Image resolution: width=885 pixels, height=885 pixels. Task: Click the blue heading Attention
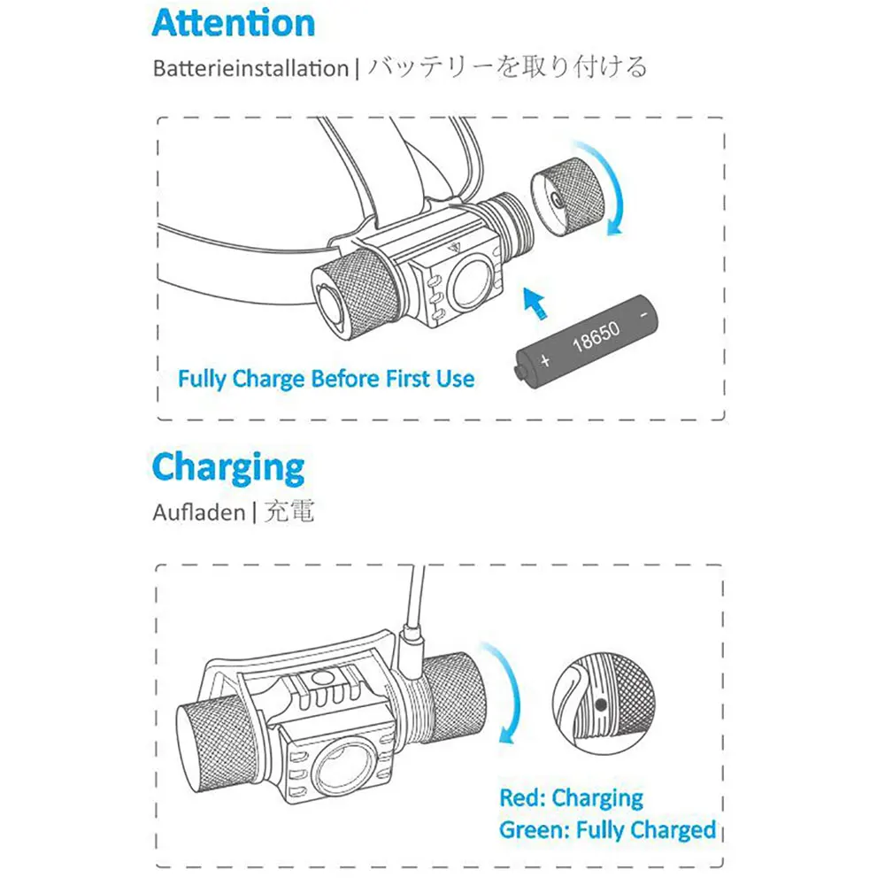click(233, 24)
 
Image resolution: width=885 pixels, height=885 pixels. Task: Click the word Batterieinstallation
click(250, 69)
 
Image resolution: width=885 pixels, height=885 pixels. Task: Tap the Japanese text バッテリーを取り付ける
click(507, 67)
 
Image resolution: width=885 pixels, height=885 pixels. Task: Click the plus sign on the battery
click(545, 360)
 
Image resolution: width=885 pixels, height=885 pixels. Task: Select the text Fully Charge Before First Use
click(326, 380)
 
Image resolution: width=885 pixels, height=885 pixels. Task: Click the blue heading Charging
click(227, 468)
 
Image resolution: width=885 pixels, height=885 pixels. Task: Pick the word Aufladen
click(197, 513)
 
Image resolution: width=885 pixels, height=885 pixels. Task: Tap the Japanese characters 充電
click(289, 512)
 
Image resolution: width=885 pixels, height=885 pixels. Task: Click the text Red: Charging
click(571, 798)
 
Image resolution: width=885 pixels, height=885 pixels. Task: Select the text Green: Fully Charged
click(607, 830)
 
